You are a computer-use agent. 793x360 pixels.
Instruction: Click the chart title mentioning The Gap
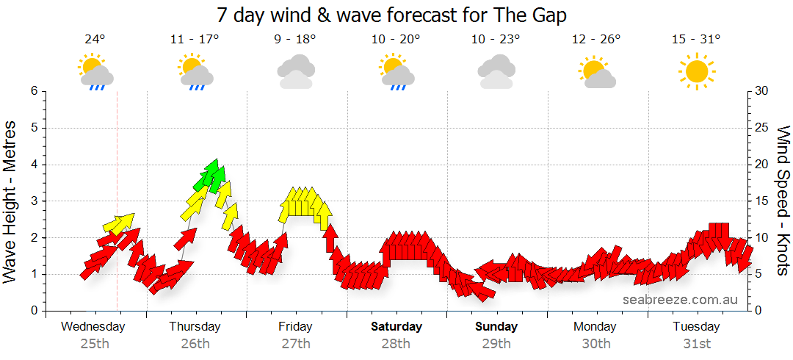[392, 15]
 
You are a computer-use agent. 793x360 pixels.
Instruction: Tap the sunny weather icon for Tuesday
[696, 71]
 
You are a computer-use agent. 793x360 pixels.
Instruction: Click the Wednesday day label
[93, 326]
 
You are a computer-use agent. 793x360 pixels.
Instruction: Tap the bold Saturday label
[396, 326]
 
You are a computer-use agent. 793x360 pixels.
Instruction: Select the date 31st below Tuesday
[696, 343]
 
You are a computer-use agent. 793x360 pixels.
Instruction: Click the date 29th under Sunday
[496, 343]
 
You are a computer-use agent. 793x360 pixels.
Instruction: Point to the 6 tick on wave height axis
[34, 91]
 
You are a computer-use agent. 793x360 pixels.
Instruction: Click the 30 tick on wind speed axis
[762, 91]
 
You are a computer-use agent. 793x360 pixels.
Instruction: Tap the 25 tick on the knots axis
[762, 128]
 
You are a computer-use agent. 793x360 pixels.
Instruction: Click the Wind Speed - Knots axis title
[783, 201]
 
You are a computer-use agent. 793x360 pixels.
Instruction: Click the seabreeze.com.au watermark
[680, 299]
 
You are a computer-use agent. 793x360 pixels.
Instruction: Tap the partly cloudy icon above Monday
[596, 73]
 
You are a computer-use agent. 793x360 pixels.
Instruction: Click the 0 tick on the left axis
[34, 311]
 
